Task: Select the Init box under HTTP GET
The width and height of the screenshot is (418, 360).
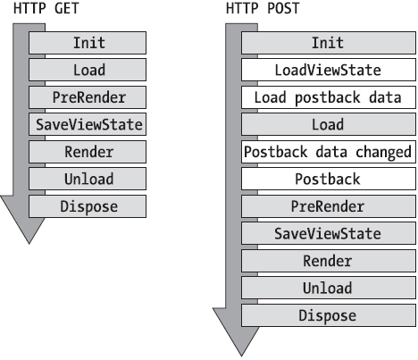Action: click(88, 42)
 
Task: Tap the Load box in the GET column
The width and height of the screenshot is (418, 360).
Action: click(88, 70)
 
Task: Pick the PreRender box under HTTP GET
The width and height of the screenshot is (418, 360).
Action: click(88, 96)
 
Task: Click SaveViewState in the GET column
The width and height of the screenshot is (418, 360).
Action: click(88, 124)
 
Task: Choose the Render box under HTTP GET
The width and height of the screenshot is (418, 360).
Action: click(88, 152)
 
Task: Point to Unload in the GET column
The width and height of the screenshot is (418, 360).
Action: click(88, 179)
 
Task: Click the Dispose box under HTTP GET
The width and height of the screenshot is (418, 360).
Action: click(88, 206)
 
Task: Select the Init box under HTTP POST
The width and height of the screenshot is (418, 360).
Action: click(327, 42)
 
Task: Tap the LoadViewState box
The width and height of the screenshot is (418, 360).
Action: click(327, 70)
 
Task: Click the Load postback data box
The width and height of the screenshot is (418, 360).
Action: click(327, 96)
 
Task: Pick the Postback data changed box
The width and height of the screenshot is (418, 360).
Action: click(327, 152)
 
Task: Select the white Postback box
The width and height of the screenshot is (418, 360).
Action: click(327, 179)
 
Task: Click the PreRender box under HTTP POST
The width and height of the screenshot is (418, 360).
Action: click(327, 206)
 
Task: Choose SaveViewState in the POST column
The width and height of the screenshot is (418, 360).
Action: click(327, 233)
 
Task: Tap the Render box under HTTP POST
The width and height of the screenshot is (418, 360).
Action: click(327, 261)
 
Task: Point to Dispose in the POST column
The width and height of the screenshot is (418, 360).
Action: click(327, 315)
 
